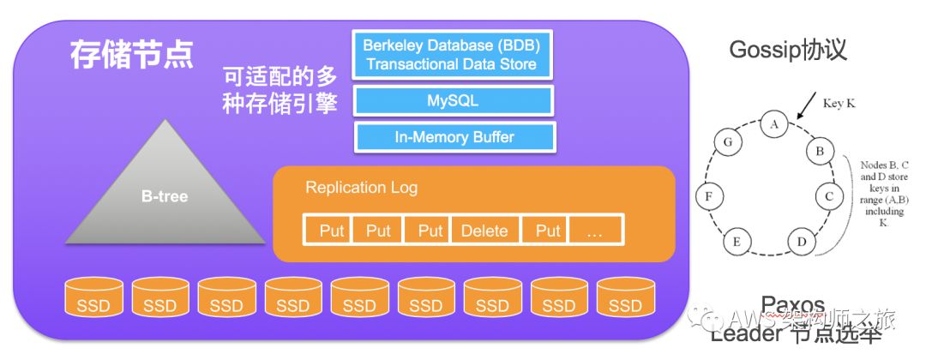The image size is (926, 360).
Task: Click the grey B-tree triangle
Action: [x=165, y=194]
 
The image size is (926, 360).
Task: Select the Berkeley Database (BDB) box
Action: [x=451, y=54]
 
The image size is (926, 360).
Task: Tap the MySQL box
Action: [x=453, y=101]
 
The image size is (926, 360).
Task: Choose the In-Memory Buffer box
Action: [x=454, y=137]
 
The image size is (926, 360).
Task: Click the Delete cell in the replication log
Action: [x=484, y=230]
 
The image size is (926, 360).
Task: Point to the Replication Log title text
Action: [x=361, y=187]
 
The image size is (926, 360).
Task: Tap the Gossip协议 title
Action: [x=788, y=50]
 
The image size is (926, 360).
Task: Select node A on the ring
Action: [x=774, y=125]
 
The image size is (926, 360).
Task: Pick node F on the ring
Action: [x=707, y=195]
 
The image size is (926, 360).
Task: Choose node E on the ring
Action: [x=736, y=243]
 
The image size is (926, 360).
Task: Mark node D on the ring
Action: [x=801, y=243]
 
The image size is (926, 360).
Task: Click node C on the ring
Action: [x=827, y=195]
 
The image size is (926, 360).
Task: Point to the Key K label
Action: [x=839, y=103]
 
